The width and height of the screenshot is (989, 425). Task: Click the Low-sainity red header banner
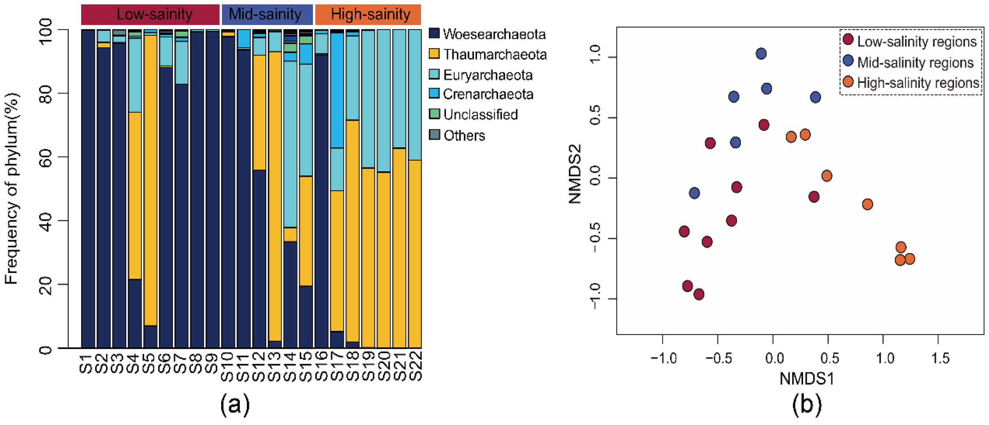coord(150,15)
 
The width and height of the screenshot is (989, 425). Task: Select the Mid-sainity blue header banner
coord(267,15)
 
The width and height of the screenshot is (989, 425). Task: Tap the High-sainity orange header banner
coord(368,15)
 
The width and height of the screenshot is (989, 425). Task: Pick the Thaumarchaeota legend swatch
coord(434,54)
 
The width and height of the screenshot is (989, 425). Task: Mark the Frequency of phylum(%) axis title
coord(12,189)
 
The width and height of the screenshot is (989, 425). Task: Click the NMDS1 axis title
coord(806,379)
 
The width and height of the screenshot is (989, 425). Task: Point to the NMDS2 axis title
coord(575,174)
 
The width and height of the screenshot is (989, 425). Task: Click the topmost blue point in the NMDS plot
coord(761,53)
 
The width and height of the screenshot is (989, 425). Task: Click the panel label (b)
coord(806,405)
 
